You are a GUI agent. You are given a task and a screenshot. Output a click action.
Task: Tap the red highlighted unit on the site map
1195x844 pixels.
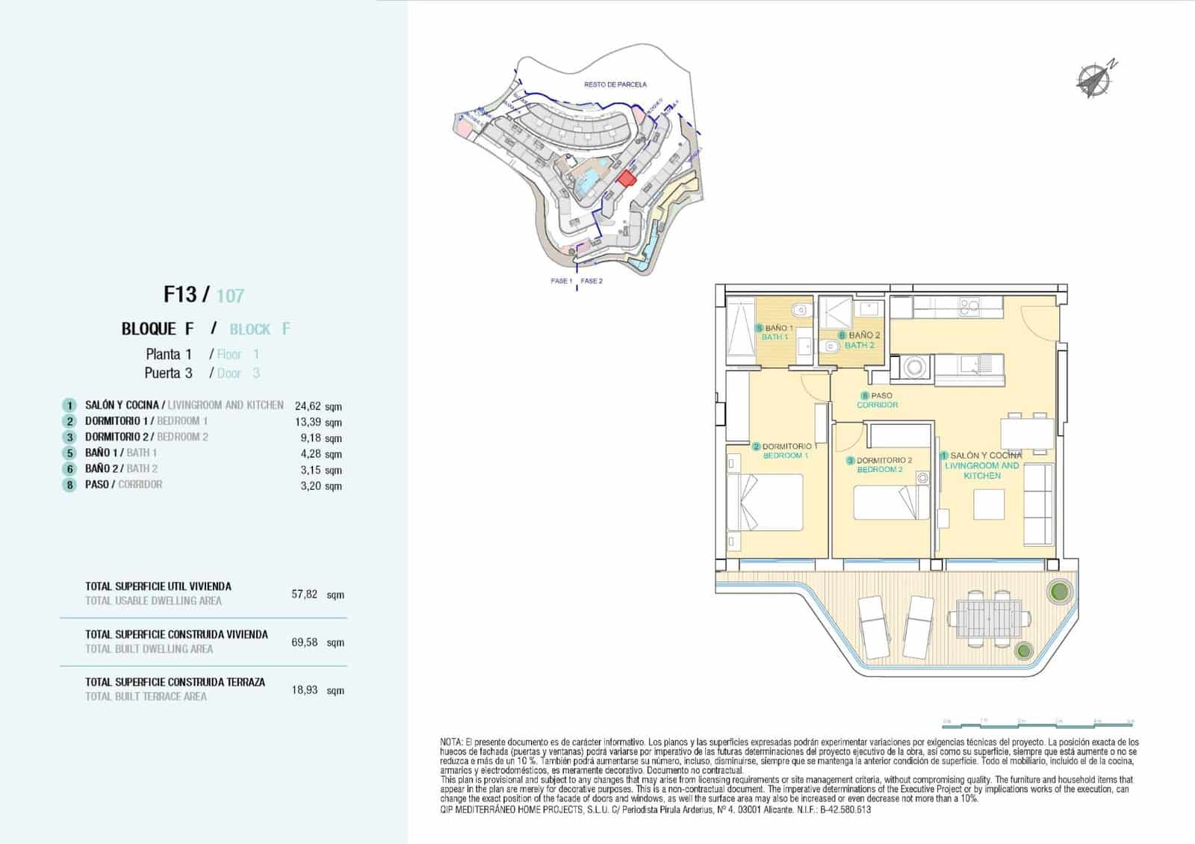point(625,177)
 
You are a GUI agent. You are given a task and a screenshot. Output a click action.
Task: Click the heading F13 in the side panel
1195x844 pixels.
point(180,294)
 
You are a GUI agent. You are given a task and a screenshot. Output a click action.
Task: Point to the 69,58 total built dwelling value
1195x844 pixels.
point(305,642)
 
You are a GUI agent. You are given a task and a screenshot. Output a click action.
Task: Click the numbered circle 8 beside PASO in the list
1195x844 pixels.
point(69,485)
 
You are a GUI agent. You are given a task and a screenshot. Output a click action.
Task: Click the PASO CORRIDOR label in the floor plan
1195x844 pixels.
point(877,400)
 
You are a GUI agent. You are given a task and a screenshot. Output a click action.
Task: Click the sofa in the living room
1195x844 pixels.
point(1038,504)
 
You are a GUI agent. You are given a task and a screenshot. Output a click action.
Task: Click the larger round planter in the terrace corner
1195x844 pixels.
point(1058,592)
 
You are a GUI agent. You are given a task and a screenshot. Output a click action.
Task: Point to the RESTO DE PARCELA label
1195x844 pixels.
point(615,85)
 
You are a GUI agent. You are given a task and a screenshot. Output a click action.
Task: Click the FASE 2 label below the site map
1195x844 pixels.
point(592,282)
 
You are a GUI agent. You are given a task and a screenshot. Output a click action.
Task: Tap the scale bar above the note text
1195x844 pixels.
point(1038,722)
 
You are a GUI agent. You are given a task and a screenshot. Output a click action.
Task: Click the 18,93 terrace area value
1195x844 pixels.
point(305,689)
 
